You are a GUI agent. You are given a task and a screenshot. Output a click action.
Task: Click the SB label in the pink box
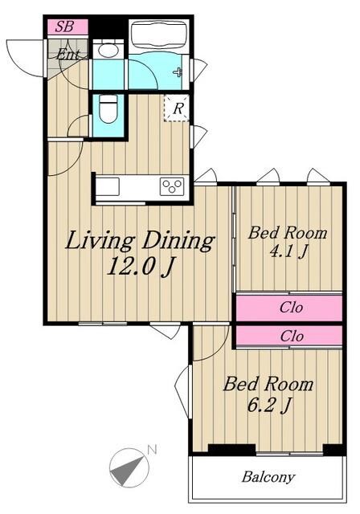(x=64, y=27)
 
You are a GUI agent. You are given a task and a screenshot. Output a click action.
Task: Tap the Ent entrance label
(x=67, y=54)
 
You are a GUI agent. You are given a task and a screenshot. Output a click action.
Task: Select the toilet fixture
(x=108, y=109)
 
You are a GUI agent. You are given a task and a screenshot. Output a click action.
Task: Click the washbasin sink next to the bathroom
(x=108, y=50)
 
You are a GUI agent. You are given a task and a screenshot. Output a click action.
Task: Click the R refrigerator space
(x=177, y=108)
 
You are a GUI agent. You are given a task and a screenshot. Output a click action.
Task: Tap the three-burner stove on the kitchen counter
(x=172, y=187)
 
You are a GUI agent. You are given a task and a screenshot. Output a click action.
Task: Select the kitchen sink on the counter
(x=108, y=187)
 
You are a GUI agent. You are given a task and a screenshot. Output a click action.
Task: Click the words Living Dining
(x=140, y=241)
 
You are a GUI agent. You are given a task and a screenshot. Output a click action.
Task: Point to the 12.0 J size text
(x=140, y=266)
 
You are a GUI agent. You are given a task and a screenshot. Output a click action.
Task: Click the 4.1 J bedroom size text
(x=288, y=251)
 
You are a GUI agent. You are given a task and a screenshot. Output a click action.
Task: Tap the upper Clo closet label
(x=291, y=308)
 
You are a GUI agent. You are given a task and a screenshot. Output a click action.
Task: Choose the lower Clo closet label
(x=292, y=337)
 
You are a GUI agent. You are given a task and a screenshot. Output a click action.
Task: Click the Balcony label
(x=268, y=477)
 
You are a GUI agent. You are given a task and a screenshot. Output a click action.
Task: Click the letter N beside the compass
(x=152, y=450)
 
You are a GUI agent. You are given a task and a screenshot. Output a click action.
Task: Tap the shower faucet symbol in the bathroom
(x=178, y=72)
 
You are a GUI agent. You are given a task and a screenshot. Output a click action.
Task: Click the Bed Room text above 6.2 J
(x=268, y=384)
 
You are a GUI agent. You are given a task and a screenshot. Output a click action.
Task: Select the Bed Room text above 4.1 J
(x=288, y=233)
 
